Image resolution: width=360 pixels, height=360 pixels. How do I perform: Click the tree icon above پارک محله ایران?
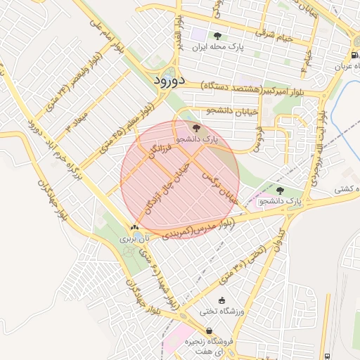pyautogui.click(x=217, y=35)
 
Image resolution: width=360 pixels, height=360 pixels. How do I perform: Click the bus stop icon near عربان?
pyautogui.click(x=352, y=55)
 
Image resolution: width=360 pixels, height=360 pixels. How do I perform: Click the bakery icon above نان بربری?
pyautogui.click(x=134, y=228)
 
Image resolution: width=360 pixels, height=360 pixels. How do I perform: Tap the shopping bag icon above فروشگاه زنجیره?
pyautogui.click(x=209, y=331)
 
